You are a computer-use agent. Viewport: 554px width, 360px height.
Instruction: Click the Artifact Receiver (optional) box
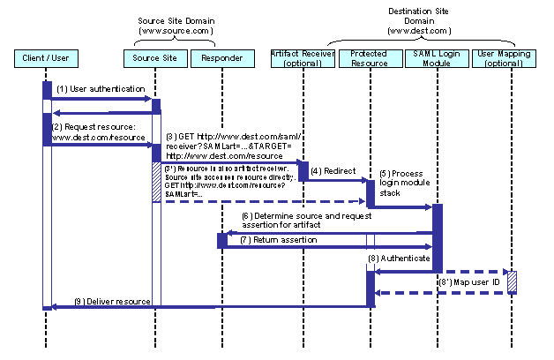[302, 58]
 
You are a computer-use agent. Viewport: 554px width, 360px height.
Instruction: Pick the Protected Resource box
[369, 58]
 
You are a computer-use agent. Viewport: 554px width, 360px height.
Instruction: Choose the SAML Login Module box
[437, 58]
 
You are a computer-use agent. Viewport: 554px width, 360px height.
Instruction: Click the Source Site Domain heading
[176, 25]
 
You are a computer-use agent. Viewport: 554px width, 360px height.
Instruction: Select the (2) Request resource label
[99, 132]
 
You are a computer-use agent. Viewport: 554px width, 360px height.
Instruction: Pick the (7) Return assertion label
[279, 240]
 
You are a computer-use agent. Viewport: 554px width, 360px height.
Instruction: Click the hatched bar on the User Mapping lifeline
[511, 281]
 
